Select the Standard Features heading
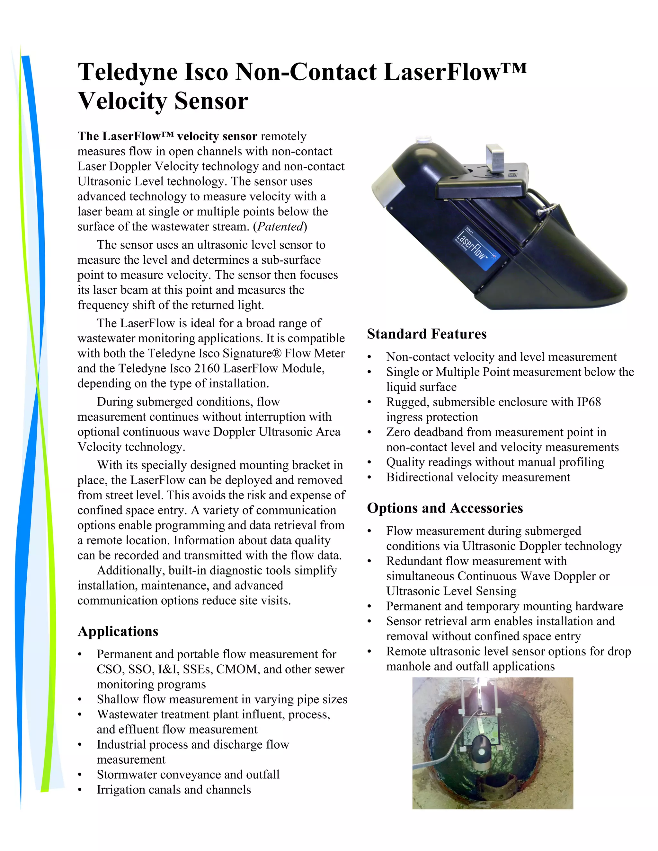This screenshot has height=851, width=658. click(x=426, y=334)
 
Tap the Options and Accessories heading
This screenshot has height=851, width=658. click(x=445, y=508)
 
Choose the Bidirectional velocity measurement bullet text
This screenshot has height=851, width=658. click(x=478, y=477)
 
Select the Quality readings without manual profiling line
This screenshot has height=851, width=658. click(x=495, y=462)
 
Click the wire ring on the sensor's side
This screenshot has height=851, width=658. click(x=545, y=210)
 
